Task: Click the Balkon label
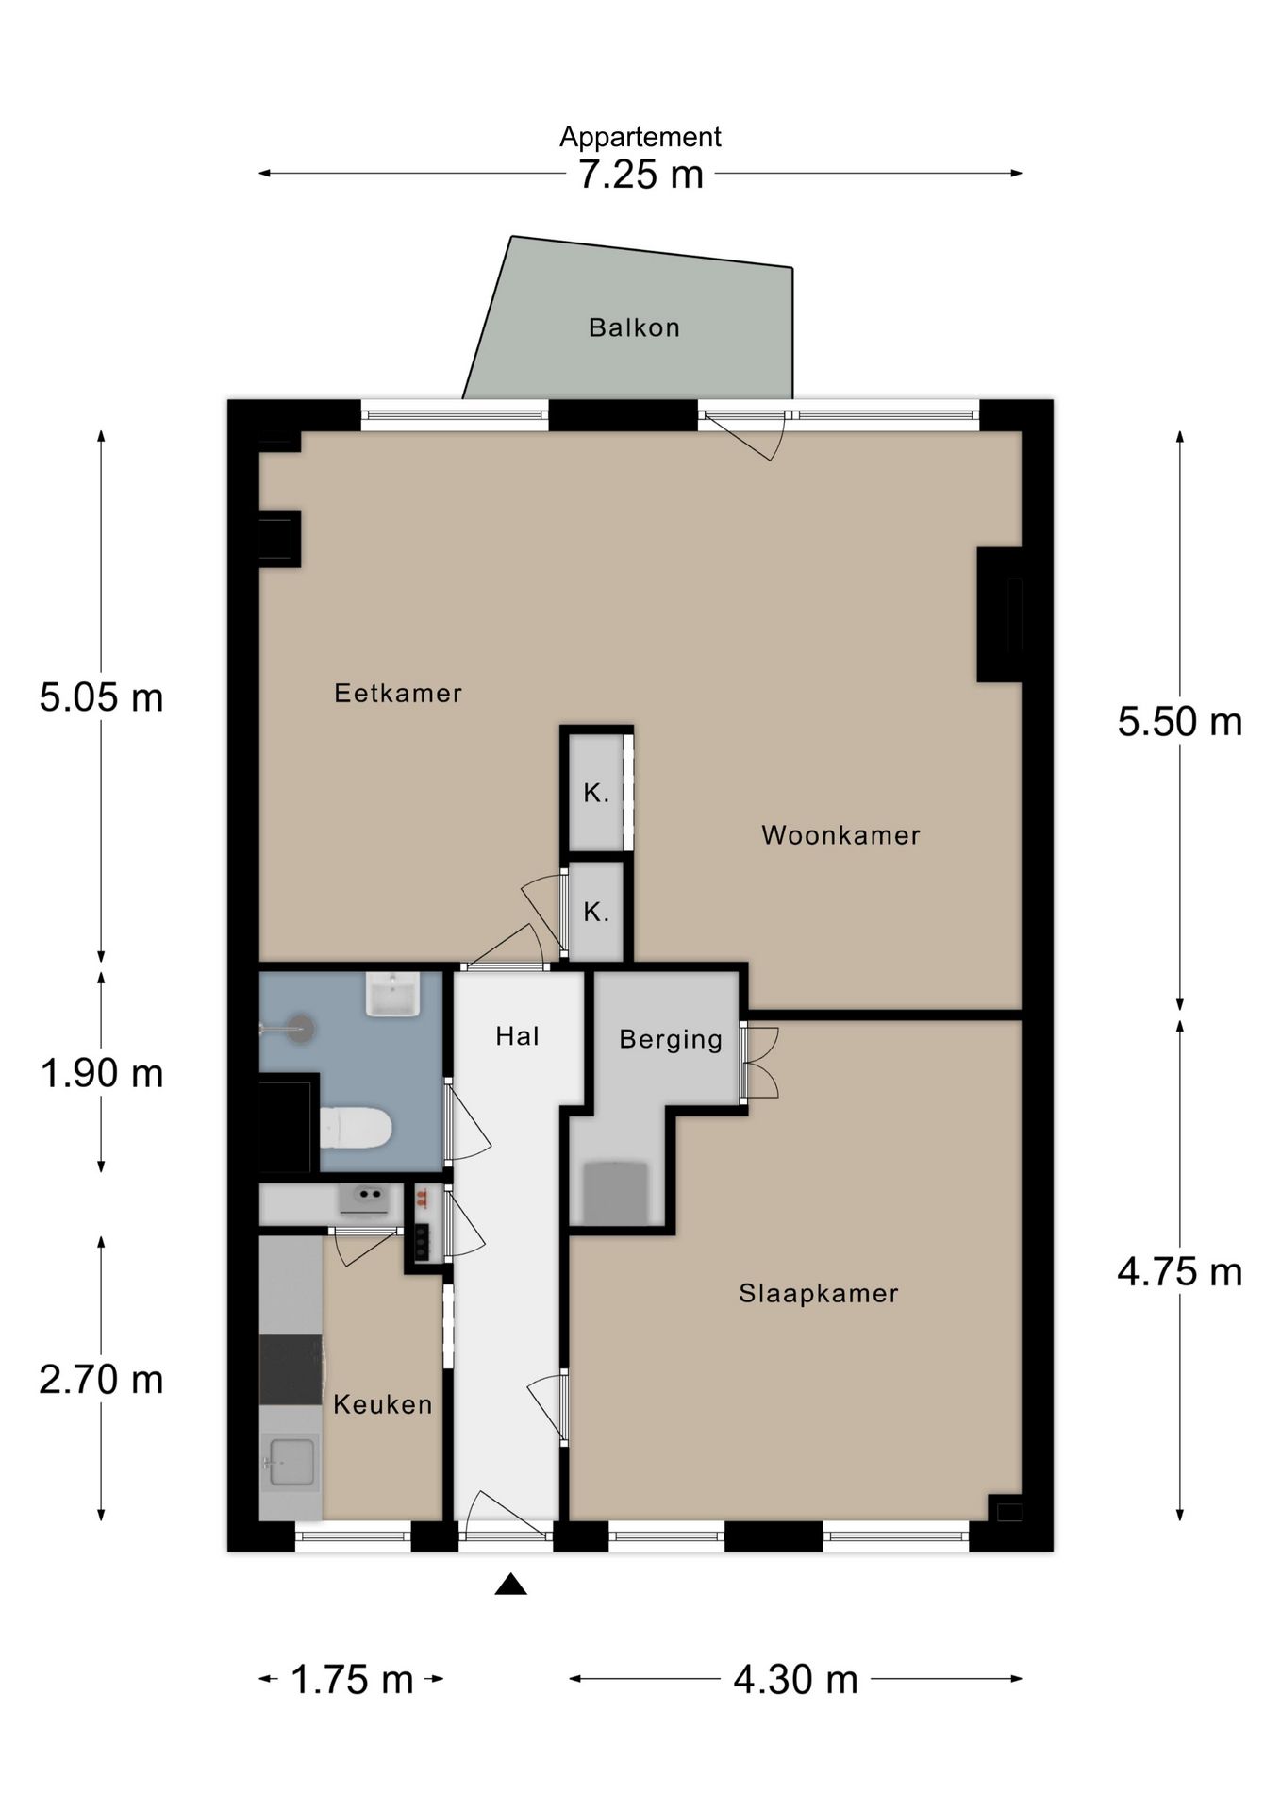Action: pos(634,327)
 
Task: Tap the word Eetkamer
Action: pos(398,694)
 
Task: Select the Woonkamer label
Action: pos(840,835)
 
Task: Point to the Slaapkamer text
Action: pos(819,1293)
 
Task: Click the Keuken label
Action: pos(383,1404)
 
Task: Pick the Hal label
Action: pos(517,1036)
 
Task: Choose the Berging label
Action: pos(671,1039)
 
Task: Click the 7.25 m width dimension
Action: pos(641,175)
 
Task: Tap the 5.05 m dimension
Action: pos(102,697)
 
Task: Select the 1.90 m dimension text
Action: pos(102,1073)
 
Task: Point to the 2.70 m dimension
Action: pos(102,1380)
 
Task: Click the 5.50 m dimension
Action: pos(1180,722)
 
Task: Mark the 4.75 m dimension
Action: pos(1180,1272)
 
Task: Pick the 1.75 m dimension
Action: pos(352,1680)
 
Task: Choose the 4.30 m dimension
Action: pos(796,1680)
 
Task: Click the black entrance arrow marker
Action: pos(511,1585)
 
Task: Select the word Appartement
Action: pos(640,138)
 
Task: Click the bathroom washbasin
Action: pos(392,994)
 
